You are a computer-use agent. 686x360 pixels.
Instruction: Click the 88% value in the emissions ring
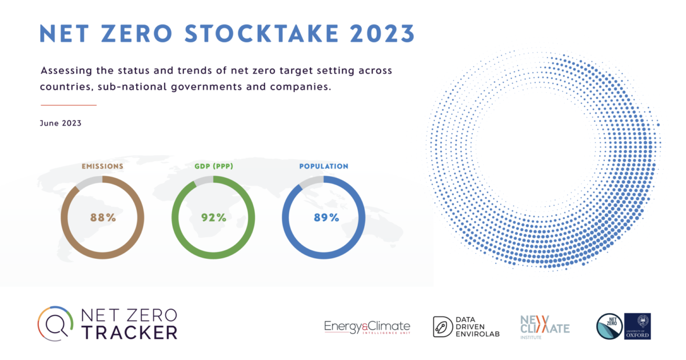[x=103, y=218]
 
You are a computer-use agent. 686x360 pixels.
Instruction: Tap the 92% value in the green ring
[x=214, y=218]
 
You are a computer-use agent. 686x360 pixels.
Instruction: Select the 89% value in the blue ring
[x=324, y=218]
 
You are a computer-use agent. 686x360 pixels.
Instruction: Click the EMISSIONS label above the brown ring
[x=103, y=166]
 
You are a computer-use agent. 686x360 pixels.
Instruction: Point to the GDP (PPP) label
[x=214, y=166]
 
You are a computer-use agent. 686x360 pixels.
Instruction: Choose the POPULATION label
[x=324, y=166]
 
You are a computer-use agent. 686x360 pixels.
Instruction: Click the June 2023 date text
[x=60, y=123]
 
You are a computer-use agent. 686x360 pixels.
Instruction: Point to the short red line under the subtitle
[x=69, y=105]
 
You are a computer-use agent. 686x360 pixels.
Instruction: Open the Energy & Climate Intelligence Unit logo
[x=367, y=327]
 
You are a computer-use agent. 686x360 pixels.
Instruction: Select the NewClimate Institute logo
[x=544, y=326]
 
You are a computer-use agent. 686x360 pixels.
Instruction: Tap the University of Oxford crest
[x=637, y=326]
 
